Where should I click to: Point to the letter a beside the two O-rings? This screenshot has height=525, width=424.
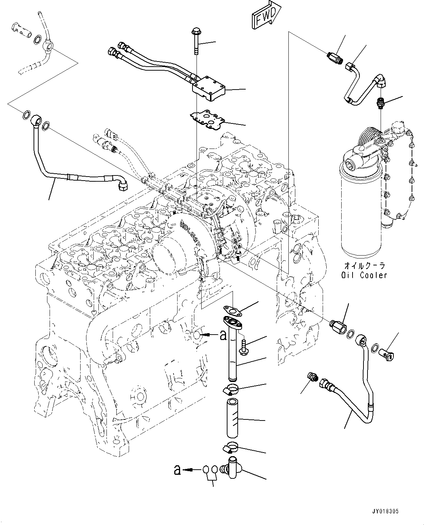[x=177, y=470]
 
